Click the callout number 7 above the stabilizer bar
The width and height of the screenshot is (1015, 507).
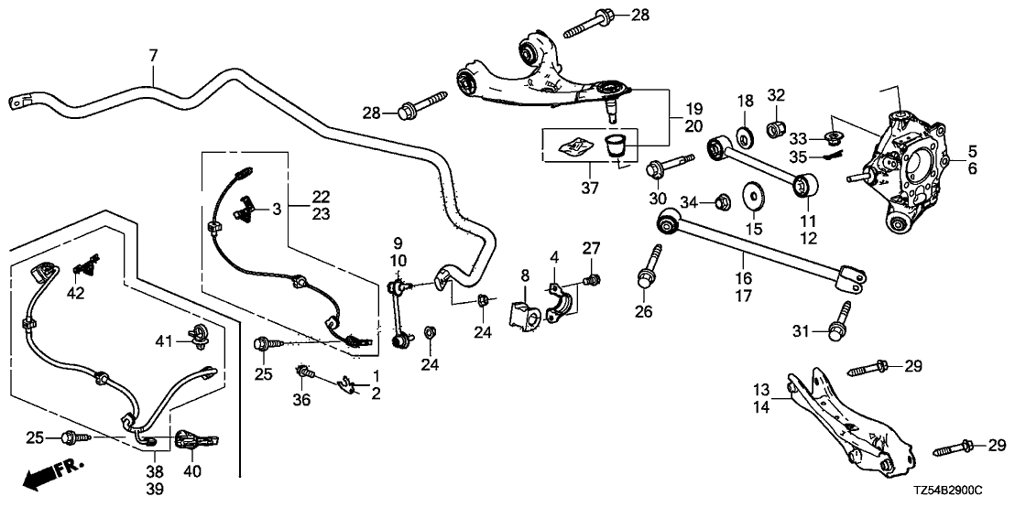coord(153,56)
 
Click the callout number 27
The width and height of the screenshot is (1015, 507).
coord(590,246)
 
